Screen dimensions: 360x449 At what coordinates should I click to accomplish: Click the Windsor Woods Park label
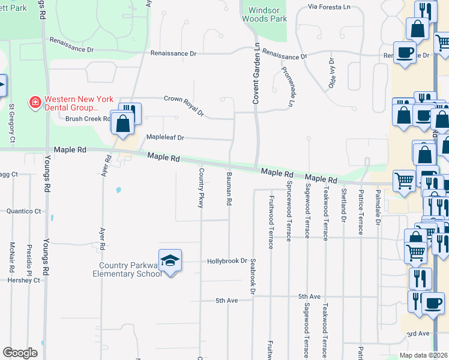264,15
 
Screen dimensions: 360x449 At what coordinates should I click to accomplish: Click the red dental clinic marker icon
35,103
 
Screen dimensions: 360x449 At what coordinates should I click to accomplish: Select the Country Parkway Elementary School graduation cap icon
170,259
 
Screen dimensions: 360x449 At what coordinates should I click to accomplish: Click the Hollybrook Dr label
228,261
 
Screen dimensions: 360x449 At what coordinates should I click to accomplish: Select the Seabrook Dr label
253,277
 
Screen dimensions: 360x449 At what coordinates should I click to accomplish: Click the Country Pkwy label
201,188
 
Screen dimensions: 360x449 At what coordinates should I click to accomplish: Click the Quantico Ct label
24,211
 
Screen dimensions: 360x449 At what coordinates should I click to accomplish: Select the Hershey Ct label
23,280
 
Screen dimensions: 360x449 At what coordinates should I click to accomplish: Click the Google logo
20,353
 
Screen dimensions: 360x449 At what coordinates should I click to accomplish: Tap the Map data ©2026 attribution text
423,355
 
